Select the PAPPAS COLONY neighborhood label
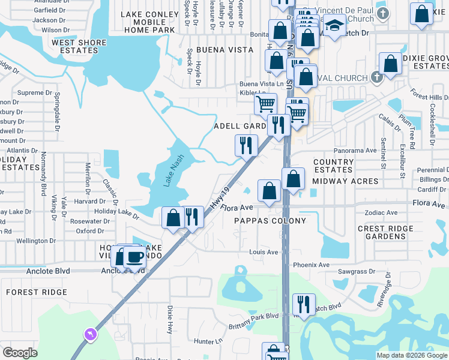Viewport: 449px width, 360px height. point(270,221)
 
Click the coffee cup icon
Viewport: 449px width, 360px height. point(134,257)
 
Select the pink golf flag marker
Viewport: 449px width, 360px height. point(90,334)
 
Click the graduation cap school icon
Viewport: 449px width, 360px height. point(335,26)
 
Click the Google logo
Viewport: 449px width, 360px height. point(20,353)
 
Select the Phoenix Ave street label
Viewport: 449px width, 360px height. point(311,265)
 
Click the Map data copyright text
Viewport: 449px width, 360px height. point(411,355)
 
